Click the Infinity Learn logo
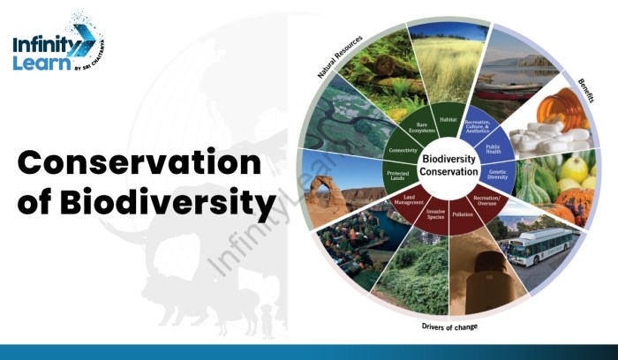[54, 52]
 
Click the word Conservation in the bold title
[140, 164]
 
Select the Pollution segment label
[463, 214]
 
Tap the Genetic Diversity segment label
[498, 175]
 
